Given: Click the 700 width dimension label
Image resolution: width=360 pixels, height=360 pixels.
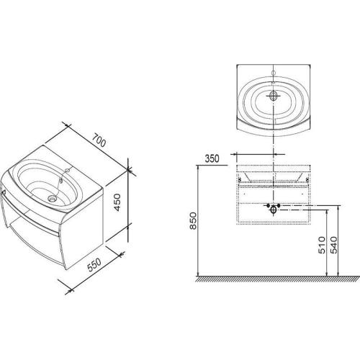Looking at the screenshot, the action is coord(99,140).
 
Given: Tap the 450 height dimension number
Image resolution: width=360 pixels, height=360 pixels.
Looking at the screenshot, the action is coord(117,202).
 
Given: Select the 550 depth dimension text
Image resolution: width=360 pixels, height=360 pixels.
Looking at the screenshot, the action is coord(94,265).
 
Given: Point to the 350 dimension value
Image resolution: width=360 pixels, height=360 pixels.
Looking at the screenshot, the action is coord(212,158).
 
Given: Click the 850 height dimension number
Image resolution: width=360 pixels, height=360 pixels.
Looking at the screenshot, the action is coord(194,221).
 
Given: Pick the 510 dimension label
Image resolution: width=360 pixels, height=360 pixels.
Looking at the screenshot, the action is coord(321,245).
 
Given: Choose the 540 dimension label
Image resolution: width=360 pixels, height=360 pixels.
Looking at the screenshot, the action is coord(334,245).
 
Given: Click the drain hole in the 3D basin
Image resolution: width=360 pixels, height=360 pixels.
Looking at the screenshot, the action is coord(52,199).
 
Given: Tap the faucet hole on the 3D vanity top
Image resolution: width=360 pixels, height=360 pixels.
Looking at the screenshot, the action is coord(68,171).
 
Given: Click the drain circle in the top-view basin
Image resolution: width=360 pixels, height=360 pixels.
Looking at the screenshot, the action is coord(274,96).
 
